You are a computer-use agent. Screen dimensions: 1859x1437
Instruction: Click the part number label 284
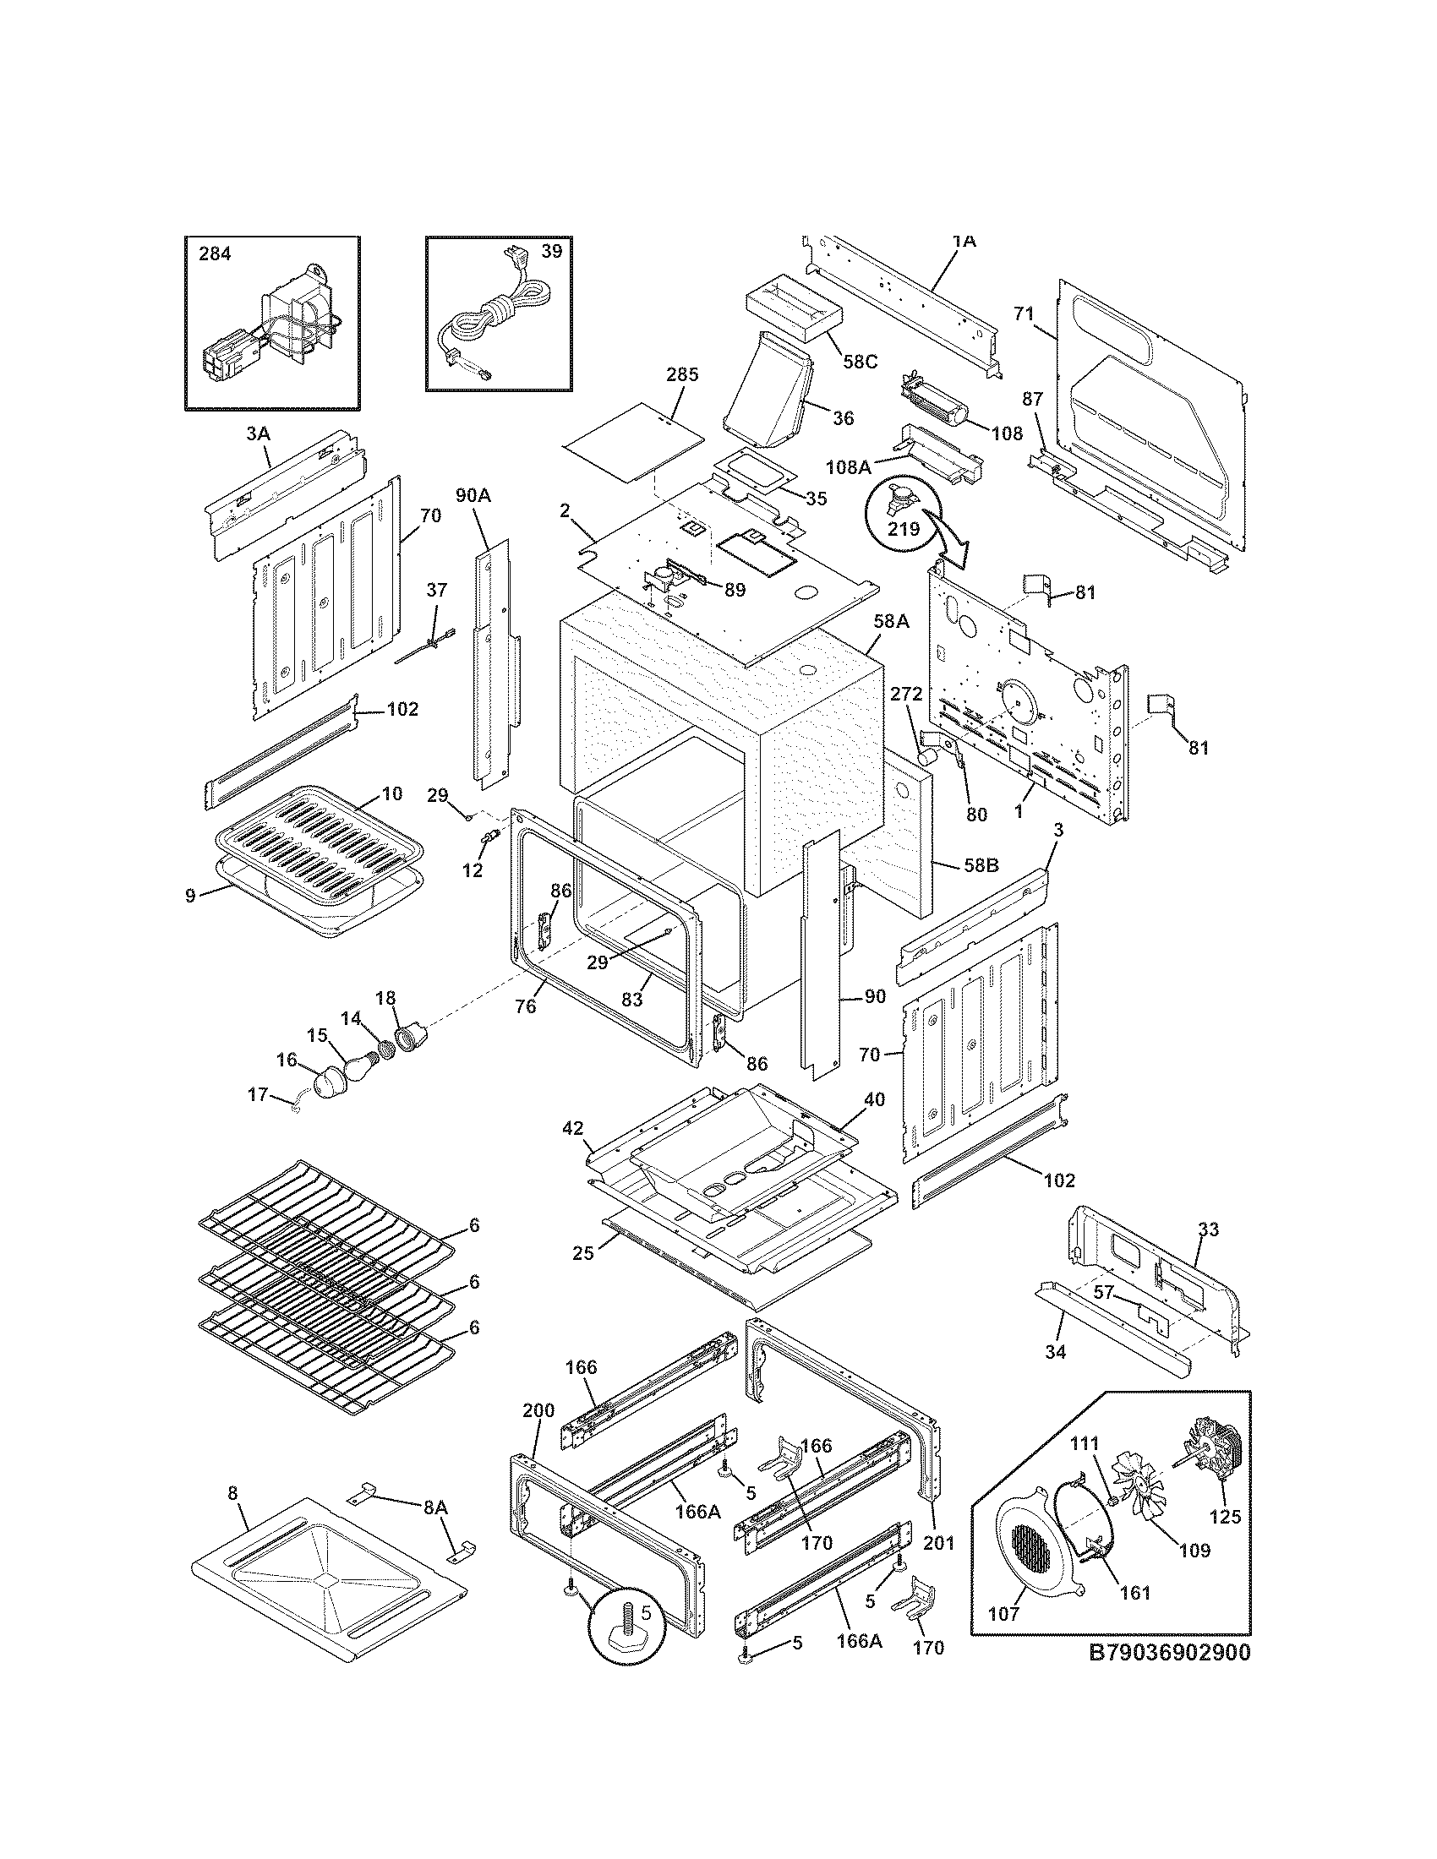coord(215,253)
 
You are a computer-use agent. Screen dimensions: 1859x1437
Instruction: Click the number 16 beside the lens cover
coord(286,1060)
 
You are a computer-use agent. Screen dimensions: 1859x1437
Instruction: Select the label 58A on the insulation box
coord(890,622)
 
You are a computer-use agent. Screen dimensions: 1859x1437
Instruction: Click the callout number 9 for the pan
coord(190,895)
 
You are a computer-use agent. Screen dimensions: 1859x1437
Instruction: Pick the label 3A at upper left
coord(258,433)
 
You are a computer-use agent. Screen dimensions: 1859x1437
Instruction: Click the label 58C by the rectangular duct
coord(859,361)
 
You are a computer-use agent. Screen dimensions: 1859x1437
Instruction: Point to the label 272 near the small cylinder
coord(906,694)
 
